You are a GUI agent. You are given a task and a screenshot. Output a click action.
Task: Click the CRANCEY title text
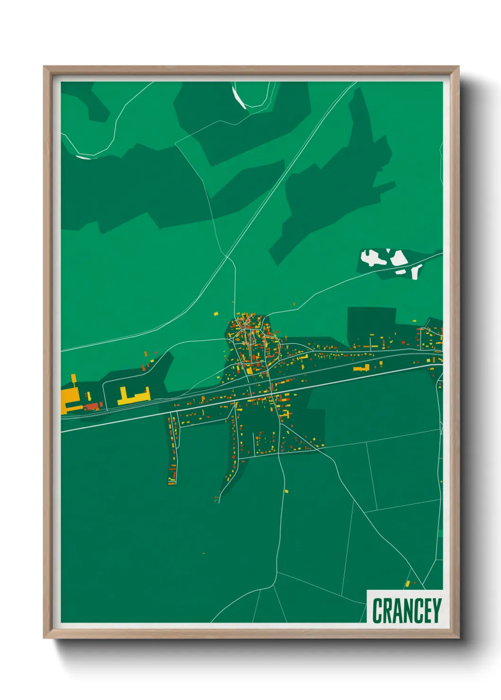pos(406,611)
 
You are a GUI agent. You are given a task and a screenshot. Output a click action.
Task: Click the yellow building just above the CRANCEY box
pos(407,584)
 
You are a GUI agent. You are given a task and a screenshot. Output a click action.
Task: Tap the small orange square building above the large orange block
pos(73,378)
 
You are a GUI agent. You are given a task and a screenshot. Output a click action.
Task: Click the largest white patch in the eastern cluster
pos(372,258)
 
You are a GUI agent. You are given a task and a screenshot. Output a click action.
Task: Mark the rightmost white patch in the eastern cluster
pos(416,271)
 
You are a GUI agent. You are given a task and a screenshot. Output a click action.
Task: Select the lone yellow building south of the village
pos(286,491)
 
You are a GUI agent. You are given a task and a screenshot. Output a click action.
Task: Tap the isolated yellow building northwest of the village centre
pos(215,313)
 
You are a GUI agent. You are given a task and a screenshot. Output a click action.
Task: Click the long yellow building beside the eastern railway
pos(361,367)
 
